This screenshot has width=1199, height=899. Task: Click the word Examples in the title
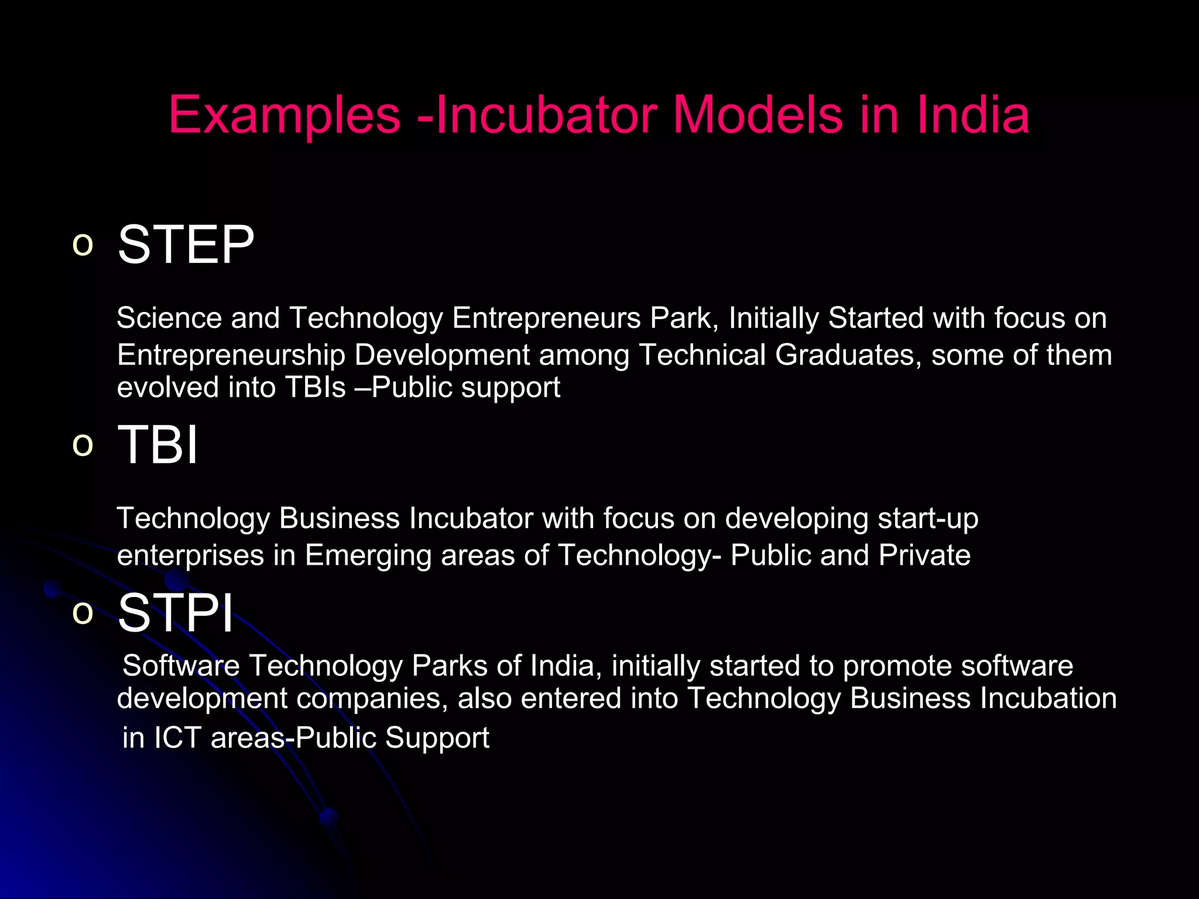click(x=285, y=116)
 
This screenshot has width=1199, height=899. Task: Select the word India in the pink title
click(x=972, y=115)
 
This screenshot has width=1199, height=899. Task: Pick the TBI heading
click(x=158, y=445)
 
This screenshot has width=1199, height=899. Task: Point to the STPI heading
click(x=176, y=613)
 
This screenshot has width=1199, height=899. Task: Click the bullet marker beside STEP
click(x=83, y=245)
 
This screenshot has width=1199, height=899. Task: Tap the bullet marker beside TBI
click(x=83, y=445)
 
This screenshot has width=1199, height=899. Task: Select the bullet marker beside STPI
click(x=83, y=613)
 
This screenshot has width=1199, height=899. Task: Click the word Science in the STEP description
click(x=169, y=318)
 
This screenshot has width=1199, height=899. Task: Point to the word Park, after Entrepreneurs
click(x=684, y=318)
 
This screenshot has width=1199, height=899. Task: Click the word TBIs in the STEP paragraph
click(x=315, y=387)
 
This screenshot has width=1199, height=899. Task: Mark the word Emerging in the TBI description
click(x=368, y=555)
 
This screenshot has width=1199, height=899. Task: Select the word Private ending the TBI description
click(x=924, y=555)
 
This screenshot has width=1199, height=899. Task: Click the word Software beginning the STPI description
click(x=181, y=666)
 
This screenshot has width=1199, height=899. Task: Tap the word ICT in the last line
click(x=177, y=737)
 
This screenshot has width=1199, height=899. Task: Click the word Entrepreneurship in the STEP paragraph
click(x=231, y=355)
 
